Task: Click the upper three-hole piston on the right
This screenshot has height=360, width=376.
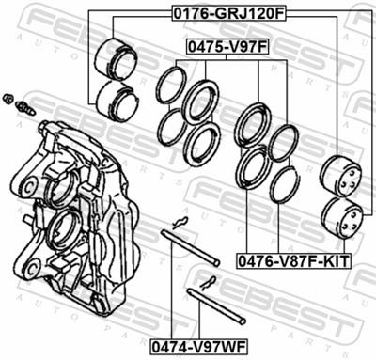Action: (340, 175)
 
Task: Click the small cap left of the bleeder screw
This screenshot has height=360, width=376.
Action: (8, 98)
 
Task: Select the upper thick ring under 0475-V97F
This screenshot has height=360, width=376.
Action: (200, 101)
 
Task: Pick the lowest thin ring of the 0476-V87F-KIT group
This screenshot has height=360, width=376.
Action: (283, 184)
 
